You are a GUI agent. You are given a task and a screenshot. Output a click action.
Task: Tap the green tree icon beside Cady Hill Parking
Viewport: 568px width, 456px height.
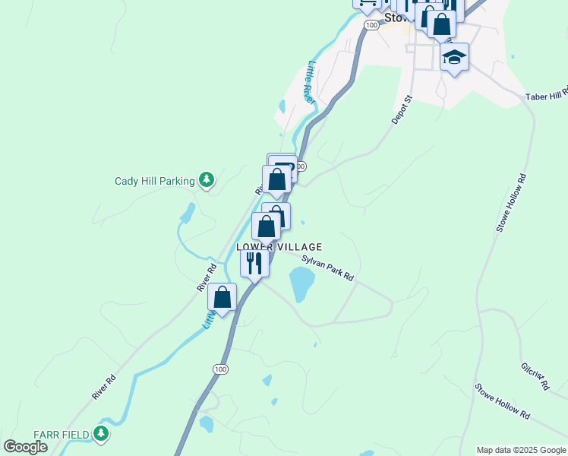point(206,179)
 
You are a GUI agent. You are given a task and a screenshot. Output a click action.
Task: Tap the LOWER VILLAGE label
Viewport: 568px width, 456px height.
point(279,247)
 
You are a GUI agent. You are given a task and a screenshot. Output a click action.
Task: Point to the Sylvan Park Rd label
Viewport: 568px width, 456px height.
point(328,269)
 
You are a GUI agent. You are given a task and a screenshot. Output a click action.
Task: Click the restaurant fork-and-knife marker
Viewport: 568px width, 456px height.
point(254,264)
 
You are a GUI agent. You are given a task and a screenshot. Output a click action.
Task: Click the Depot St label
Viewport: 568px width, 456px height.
point(401,110)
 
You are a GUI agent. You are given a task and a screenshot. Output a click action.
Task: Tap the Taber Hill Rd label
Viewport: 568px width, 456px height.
point(546,95)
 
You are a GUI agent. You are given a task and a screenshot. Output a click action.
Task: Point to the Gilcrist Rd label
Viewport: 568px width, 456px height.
point(535,375)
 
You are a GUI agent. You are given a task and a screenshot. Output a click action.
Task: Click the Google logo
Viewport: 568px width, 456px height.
point(25,447)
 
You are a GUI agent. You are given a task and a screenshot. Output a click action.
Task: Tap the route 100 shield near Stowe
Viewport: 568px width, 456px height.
point(371,25)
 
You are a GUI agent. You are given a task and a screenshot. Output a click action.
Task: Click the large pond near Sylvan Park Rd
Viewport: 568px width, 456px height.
point(301,285)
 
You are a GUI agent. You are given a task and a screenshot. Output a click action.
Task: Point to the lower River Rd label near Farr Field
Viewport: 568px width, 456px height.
point(104,387)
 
